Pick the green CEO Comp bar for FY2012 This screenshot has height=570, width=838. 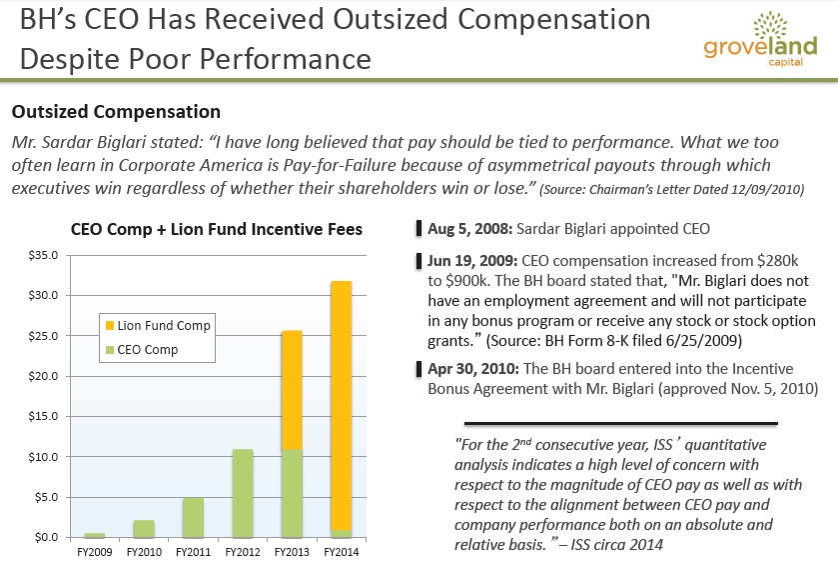(241, 493)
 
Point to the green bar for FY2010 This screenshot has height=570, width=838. (144, 529)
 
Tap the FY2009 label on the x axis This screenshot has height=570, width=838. (96, 551)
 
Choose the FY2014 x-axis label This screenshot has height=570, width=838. (341, 551)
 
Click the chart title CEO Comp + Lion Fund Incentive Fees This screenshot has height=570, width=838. (217, 230)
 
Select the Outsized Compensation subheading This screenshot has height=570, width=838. (114, 112)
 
